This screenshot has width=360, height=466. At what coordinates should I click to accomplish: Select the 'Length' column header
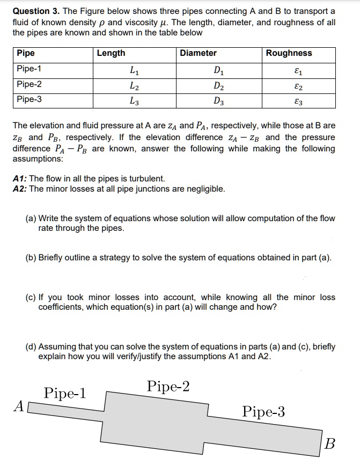[x=111, y=53]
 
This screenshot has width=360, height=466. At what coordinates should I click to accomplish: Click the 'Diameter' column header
[x=198, y=53]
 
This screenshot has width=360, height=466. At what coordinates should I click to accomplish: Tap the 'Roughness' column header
[x=289, y=53]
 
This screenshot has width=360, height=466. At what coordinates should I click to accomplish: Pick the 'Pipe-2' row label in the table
[x=29, y=84]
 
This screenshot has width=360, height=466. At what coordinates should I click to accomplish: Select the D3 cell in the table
[x=218, y=100]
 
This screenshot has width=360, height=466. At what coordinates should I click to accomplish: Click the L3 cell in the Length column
[x=134, y=100]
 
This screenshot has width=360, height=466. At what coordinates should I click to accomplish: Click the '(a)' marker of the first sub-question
[x=31, y=218]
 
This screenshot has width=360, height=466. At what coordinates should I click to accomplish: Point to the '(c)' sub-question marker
[x=31, y=297]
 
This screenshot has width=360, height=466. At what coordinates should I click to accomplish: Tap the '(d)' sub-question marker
[x=31, y=346]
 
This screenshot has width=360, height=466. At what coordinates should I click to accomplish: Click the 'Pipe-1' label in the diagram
[x=65, y=393]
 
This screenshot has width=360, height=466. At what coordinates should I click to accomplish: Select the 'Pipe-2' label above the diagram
[x=167, y=386]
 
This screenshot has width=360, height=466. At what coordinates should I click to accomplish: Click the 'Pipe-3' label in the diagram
[x=263, y=412]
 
